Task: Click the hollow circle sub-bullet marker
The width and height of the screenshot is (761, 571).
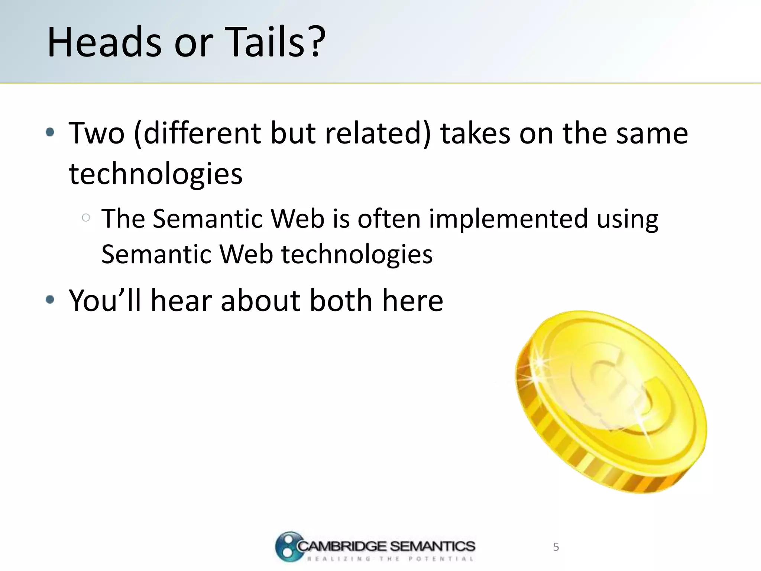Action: point(86,218)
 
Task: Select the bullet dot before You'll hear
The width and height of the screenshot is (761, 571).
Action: point(50,300)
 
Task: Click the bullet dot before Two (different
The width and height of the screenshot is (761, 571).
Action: point(50,132)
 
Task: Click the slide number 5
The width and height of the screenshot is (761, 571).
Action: point(556,547)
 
